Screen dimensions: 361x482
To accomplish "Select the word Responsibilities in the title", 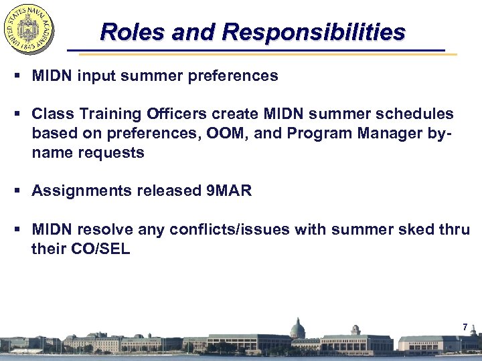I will pyautogui.click(x=314, y=31).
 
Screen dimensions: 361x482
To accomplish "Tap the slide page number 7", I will pyautogui.click(x=465, y=328).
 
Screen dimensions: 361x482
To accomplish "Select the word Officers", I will pyautogui.click(x=183, y=114).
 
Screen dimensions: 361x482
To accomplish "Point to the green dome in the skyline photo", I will pyautogui.click(x=297, y=327).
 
